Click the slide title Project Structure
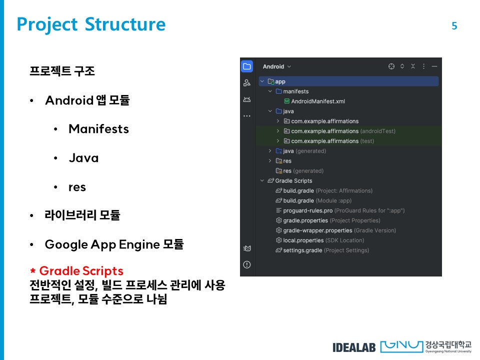pos(91,24)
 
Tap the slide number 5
pos(454,26)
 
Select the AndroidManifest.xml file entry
pos(318,101)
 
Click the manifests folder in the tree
pos(295,91)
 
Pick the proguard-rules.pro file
pos(307,210)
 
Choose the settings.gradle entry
pos(302,250)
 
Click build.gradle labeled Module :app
pos(298,200)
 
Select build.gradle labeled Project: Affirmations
pos(298,190)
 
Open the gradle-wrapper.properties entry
pos(317,230)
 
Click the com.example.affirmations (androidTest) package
pos(325,131)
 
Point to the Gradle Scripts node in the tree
pos(293,180)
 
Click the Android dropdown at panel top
pos(276,66)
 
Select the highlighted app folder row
pos(280,81)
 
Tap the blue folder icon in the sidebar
pos(247,66)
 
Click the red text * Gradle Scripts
pos(76,271)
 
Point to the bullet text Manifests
pos(98,129)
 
